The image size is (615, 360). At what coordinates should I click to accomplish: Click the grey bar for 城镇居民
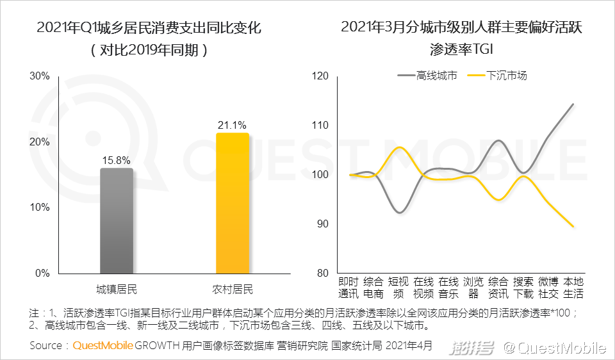pyautogui.click(x=117, y=220)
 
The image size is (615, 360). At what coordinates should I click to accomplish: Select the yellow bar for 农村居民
pyautogui.click(x=232, y=203)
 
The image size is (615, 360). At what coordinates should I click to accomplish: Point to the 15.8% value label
pyautogui.click(x=117, y=159)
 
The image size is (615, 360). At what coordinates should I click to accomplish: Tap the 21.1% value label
pyautogui.click(x=232, y=125)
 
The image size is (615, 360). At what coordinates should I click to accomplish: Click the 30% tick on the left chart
pyautogui.click(x=40, y=76)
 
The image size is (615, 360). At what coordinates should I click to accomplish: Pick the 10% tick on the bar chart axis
pyautogui.click(x=40, y=208)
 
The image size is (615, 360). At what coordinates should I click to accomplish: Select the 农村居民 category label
pyautogui.click(x=232, y=289)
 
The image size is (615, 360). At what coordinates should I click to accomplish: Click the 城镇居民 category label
pyautogui.click(x=117, y=289)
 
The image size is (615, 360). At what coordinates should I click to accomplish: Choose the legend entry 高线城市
pyautogui.click(x=428, y=76)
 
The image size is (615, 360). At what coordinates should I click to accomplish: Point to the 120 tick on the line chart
pyautogui.click(x=320, y=76)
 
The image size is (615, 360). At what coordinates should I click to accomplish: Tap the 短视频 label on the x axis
pyautogui.click(x=398, y=288)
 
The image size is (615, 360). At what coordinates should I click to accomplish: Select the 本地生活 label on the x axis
pyautogui.click(x=573, y=288)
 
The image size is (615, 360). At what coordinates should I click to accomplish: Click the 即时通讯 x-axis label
pyautogui.click(x=349, y=288)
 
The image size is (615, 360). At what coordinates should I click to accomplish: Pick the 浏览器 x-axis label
pyautogui.click(x=473, y=288)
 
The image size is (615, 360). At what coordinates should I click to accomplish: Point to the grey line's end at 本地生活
pyautogui.click(x=573, y=104)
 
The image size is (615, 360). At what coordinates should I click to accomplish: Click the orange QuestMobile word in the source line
pyautogui.click(x=103, y=347)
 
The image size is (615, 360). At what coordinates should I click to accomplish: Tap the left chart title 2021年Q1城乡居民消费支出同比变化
pyautogui.click(x=149, y=28)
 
